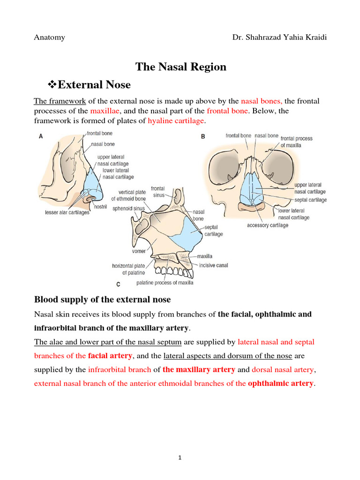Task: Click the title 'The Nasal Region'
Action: point(181,67)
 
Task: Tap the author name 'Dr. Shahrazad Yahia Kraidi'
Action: point(279,37)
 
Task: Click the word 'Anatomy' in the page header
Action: point(49,37)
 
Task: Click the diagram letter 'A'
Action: point(41,136)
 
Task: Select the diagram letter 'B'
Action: point(203,137)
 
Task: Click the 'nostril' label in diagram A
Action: point(100,206)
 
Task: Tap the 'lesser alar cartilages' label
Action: point(63,212)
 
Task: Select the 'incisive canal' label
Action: point(213,265)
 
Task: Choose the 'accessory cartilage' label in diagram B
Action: point(268,225)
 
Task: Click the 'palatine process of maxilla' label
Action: point(165,283)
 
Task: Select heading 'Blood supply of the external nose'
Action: point(102,300)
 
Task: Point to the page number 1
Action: point(180,458)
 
